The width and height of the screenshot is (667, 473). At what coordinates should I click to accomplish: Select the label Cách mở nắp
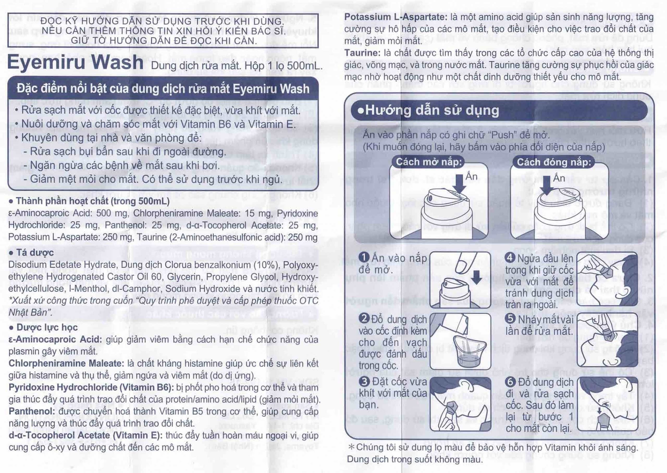(x=429, y=162)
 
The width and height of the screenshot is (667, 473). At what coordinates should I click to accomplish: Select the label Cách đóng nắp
(x=554, y=162)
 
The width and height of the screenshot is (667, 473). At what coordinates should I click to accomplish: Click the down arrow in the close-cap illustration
(x=547, y=185)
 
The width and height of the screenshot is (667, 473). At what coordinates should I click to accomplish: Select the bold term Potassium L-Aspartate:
(x=396, y=17)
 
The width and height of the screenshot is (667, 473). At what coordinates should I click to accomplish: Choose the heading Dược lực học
(x=47, y=327)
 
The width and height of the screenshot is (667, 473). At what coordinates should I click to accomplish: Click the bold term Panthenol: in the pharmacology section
(x=32, y=411)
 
